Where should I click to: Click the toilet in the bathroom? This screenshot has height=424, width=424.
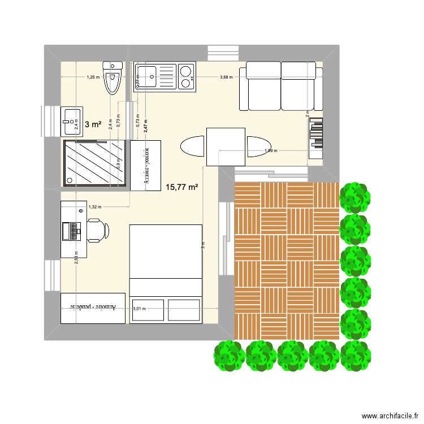113,79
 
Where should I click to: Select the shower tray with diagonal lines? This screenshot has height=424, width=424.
94,163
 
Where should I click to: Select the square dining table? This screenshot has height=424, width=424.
226,146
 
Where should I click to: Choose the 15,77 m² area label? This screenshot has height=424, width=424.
181,187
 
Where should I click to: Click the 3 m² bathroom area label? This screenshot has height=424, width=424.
93,124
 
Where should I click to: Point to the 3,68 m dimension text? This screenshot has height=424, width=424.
226,77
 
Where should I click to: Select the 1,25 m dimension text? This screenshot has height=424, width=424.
93,77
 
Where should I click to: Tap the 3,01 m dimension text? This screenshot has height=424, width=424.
139,309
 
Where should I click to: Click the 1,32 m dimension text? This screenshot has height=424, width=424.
94,207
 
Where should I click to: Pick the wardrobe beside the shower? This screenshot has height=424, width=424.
146,165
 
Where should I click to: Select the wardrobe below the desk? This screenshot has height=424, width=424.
93,308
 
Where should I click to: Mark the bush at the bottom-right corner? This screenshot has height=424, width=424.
356,355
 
